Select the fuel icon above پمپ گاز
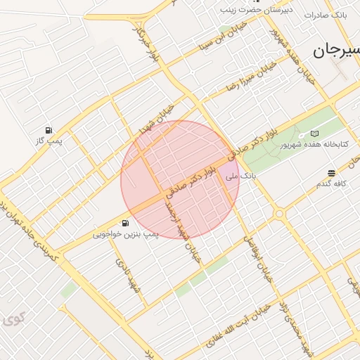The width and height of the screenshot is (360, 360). (x=49, y=130)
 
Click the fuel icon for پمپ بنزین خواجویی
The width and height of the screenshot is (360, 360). (x=125, y=223)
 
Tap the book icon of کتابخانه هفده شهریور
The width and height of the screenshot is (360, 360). (x=314, y=134)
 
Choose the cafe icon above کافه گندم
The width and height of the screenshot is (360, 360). (x=331, y=173)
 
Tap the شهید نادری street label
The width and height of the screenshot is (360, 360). (x=127, y=274)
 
